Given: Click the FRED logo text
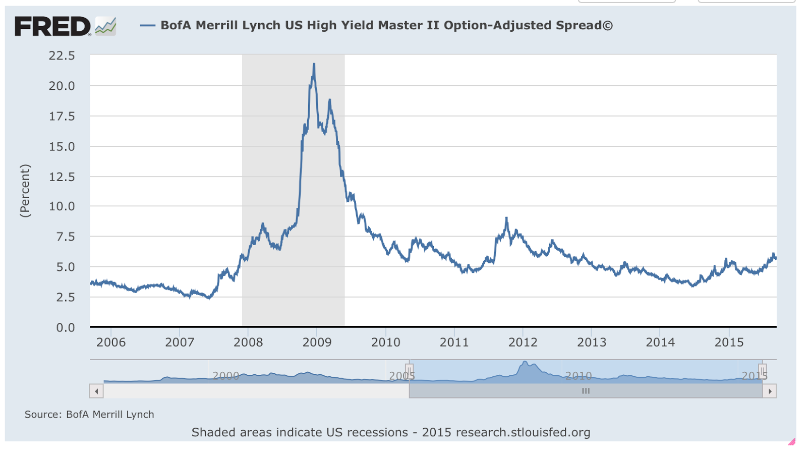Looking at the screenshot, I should pyautogui.click(x=52, y=26).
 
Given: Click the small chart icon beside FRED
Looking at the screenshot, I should pyautogui.click(x=106, y=26).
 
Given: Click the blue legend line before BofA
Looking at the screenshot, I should pyautogui.click(x=147, y=26).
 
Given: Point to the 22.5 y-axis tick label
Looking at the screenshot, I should pyautogui.click(x=62, y=56).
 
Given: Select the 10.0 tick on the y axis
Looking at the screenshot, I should pyautogui.click(x=62, y=206).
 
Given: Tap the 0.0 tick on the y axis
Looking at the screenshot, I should pyautogui.click(x=66, y=328).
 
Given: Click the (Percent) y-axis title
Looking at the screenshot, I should pyautogui.click(x=25, y=191).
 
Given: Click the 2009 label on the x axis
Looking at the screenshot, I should pyautogui.click(x=317, y=343).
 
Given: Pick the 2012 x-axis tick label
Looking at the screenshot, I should pyautogui.click(x=523, y=343).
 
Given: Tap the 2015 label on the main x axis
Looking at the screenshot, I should pyautogui.click(x=729, y=343).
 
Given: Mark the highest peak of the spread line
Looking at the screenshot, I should pyautogui.click(x=314, y=65).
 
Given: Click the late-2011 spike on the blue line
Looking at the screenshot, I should pyautogui.click(x=506, y=219).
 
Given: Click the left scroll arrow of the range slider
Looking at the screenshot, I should pyautogui.click(x=96, y=391).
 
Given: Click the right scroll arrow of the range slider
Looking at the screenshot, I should pyautogui.click(x=770, y=391).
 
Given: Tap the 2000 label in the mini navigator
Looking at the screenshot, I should pyautogui.click(x=225, y=376).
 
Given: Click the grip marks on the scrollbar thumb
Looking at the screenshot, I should pyautogui.click(x=586, y=391).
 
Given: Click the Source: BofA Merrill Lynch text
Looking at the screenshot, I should pyautogui.click(x=89, y=415).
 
